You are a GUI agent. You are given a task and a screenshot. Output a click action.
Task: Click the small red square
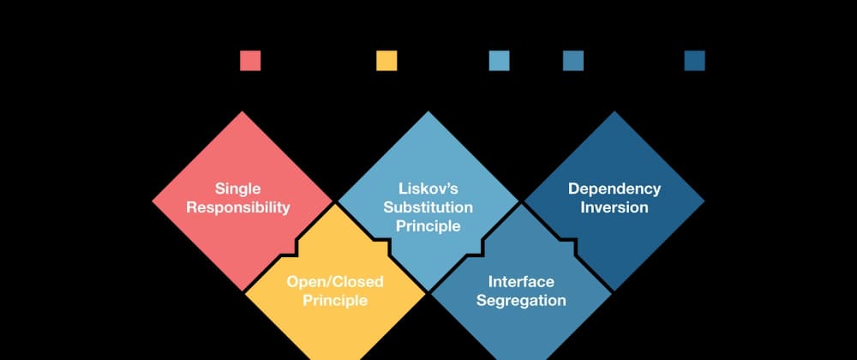[250, 61]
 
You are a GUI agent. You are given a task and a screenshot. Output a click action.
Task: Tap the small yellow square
[387, 61]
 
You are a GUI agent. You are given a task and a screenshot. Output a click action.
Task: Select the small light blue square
[500, 61]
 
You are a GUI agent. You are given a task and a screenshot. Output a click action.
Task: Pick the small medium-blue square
[573, 61]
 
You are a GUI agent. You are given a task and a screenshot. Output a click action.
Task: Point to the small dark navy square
[695, 61]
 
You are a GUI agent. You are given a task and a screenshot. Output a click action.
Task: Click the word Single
[238, 189]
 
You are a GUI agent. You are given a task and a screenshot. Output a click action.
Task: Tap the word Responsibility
[238, 207]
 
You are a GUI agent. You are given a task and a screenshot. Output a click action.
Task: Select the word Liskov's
[428, 189]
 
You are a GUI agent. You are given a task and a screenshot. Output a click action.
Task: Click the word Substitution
[428, 207]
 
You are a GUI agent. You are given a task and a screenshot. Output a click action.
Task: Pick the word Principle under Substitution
[428, 226]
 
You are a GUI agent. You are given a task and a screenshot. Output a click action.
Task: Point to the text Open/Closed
[335, 282]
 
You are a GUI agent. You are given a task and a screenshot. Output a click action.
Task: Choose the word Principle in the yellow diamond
[335, 301]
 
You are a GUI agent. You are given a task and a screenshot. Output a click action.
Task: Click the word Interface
[521, 282]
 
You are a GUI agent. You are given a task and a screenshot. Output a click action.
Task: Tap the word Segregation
[521, 301]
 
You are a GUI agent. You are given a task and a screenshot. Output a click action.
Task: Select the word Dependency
[614, 189]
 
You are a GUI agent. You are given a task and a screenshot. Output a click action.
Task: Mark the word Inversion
[614, 207]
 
